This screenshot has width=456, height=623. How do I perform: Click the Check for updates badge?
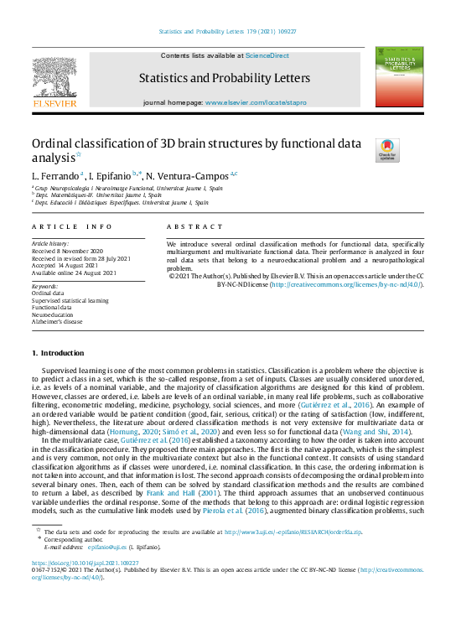pyautogui.click(x=388, y=149)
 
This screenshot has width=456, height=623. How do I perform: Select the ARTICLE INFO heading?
pyautogui.click(x=71, y=226)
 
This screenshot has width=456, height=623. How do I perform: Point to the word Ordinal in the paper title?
pyautogui.click(x=54, y=144)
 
